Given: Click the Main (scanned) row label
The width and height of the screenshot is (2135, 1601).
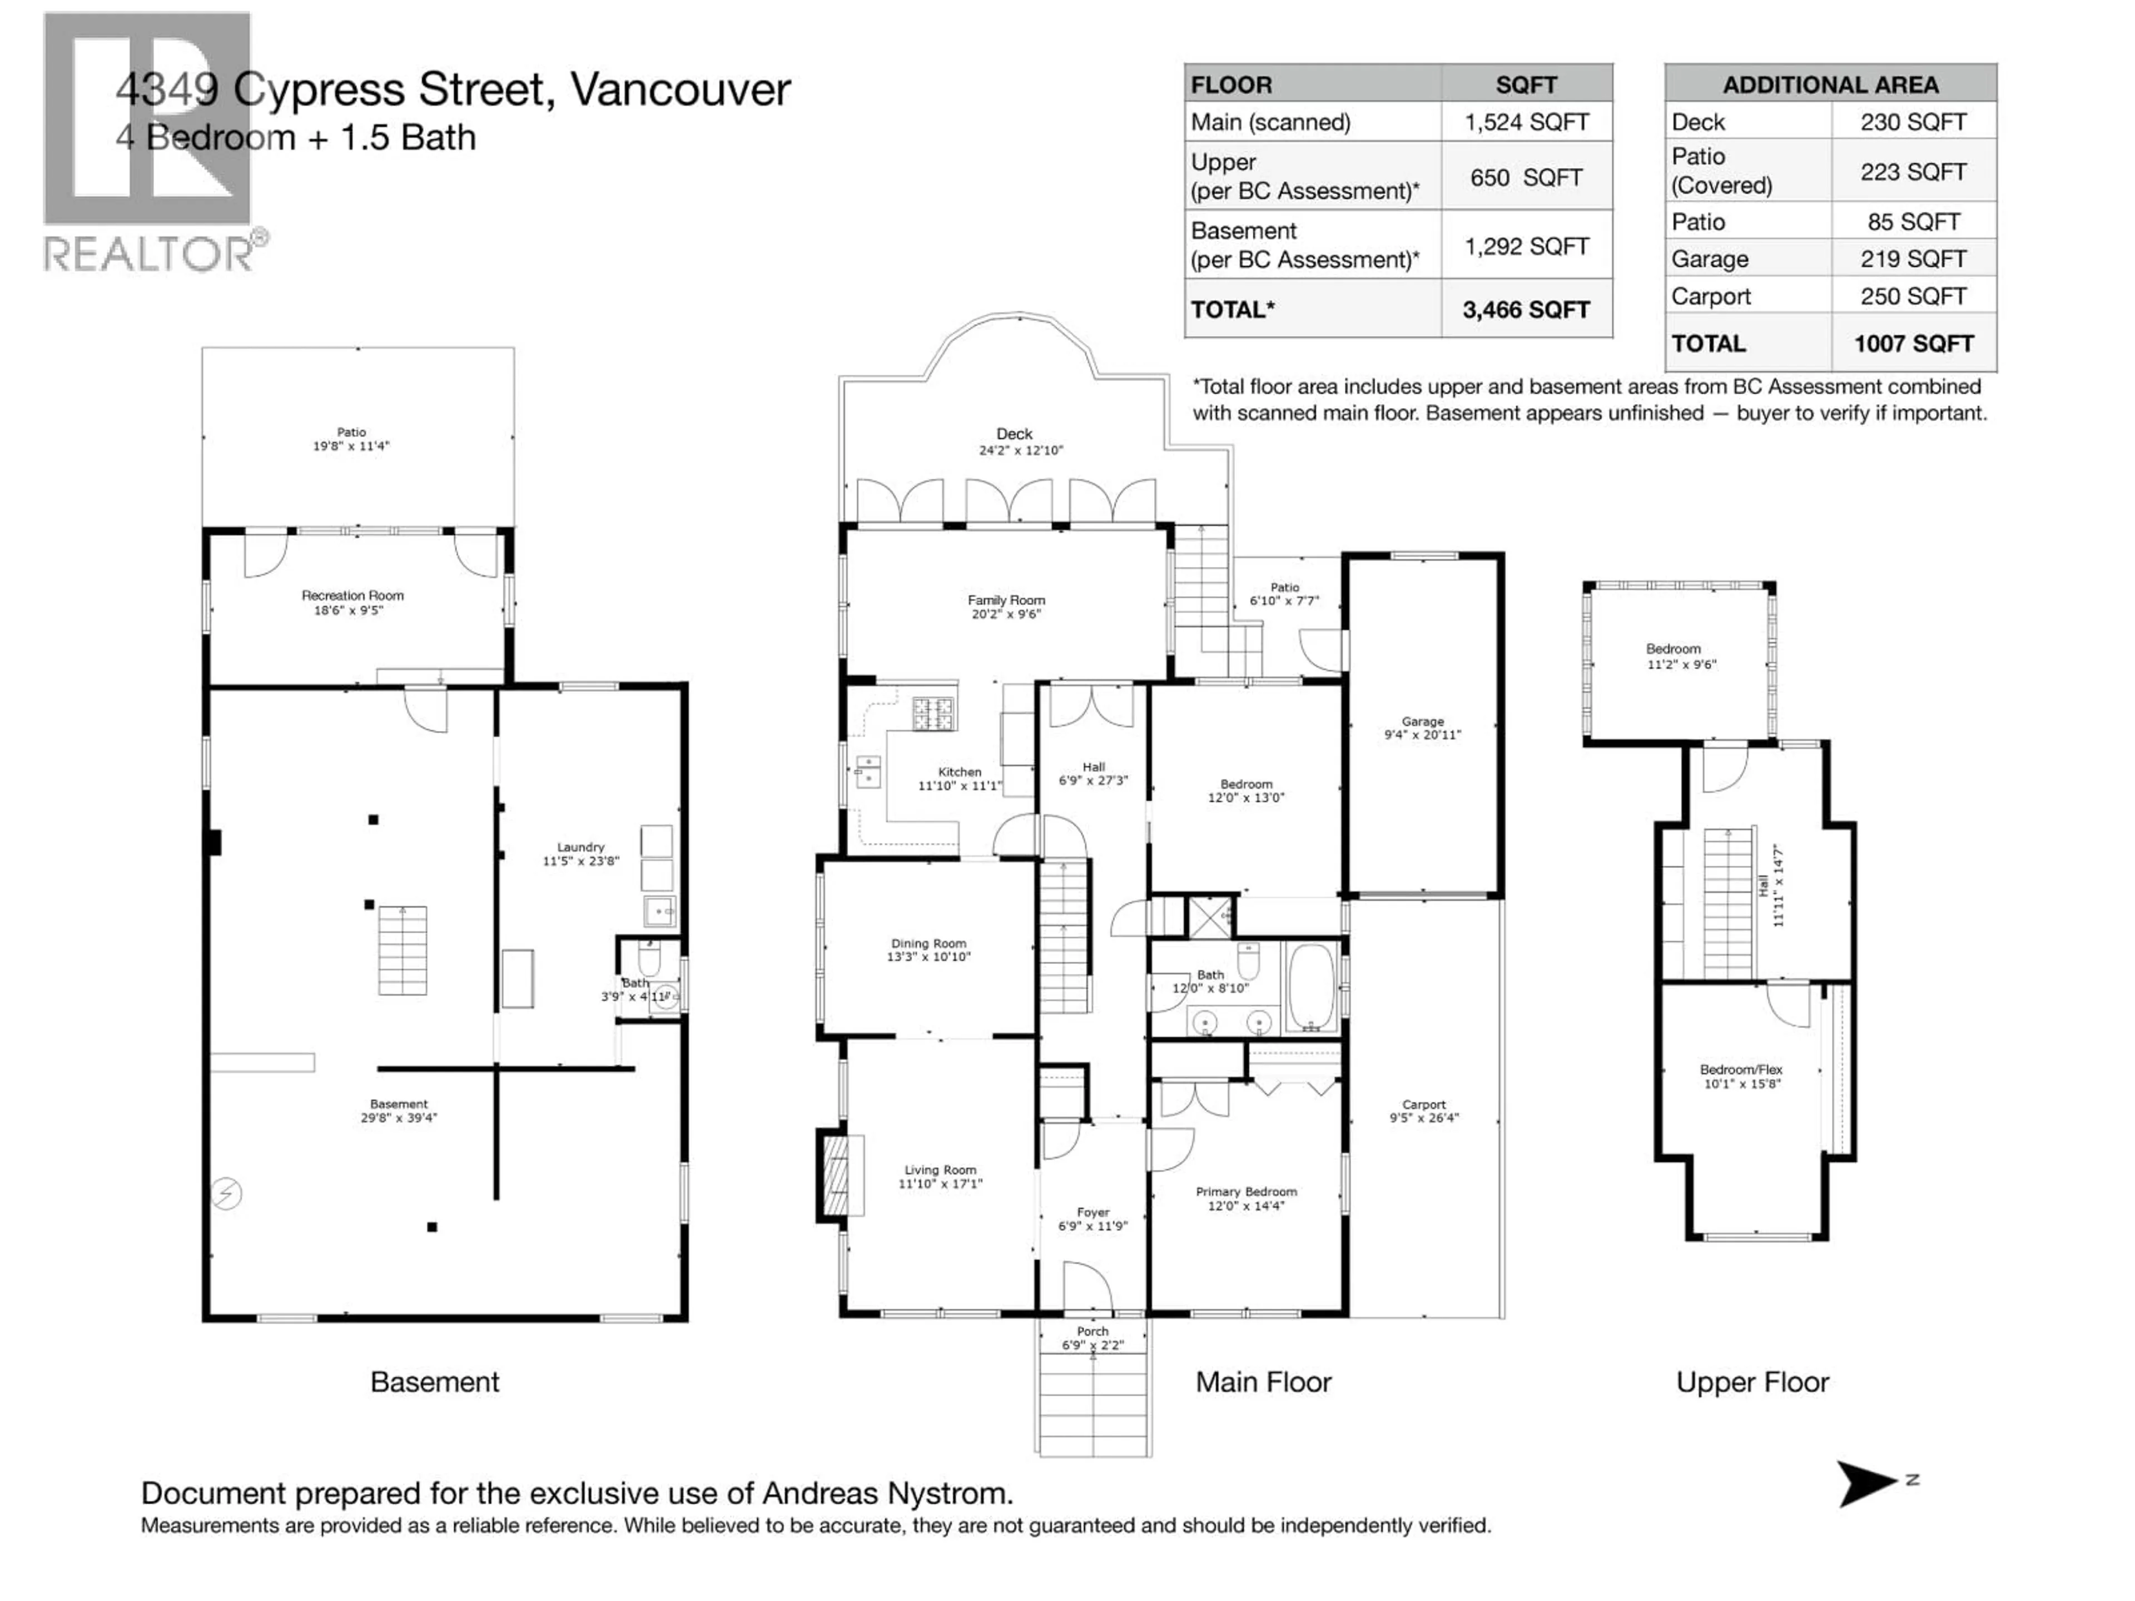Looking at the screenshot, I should (1270, 122).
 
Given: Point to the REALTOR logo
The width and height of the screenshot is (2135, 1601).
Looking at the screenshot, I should (150, 145).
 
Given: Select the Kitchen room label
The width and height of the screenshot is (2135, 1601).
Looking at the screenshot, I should (960, 772).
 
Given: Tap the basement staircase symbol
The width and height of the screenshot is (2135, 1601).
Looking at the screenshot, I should (401, 951).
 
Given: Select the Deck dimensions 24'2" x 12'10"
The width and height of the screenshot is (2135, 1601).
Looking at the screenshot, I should (1020, 451).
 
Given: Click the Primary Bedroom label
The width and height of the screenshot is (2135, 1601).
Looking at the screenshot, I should (1246, 1192).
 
